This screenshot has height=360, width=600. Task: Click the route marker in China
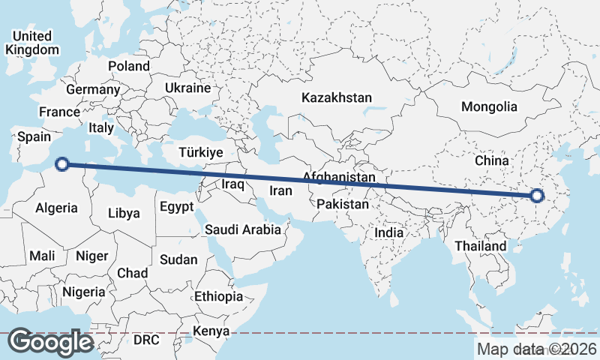coord(536,196)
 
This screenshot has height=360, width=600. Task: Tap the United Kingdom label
coord(32,43)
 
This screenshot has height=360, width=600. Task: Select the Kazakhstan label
coord(337,97)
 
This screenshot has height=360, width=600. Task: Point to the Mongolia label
coord(489,106)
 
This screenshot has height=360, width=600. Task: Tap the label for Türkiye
coord(201,152)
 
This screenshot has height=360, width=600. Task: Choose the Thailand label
coord(481,245)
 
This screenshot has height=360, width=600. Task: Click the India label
coord(388,232)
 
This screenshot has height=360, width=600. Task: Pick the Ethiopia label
coord(218,296)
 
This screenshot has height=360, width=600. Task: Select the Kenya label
coord(211,331)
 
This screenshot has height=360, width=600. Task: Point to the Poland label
coord(129,66)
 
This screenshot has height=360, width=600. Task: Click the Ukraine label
coord(187,88)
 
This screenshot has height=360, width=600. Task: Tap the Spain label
coord(34,136)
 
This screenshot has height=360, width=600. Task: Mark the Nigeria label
coord(83,291)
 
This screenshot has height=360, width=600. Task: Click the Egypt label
coord(177,205)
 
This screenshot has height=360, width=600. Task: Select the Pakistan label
coord(343,204)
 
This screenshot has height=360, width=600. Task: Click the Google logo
coord(50,342)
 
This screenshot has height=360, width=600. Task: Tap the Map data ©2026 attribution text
coord(536,349)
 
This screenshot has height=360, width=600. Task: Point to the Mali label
coord(42,256)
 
